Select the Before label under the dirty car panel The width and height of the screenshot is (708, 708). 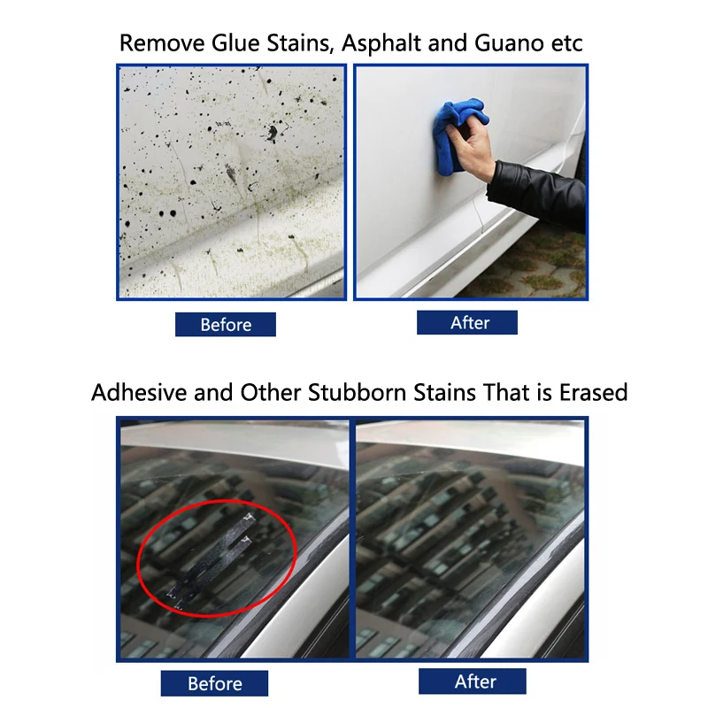[226, 325]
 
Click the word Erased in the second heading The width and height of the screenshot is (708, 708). [593, 392]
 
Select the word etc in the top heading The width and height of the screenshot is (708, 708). [566, 42]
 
